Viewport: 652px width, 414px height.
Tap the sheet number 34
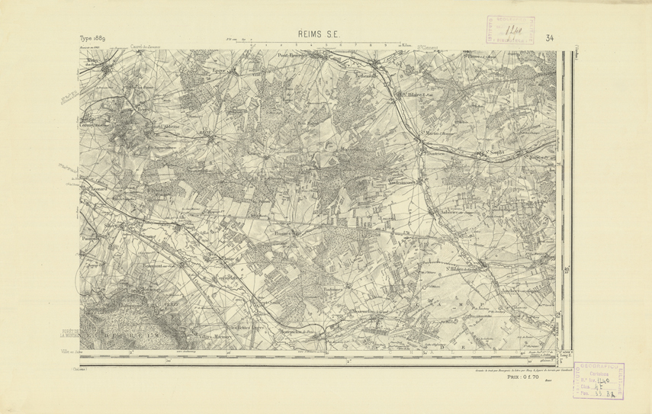click(x=550, y=38)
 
